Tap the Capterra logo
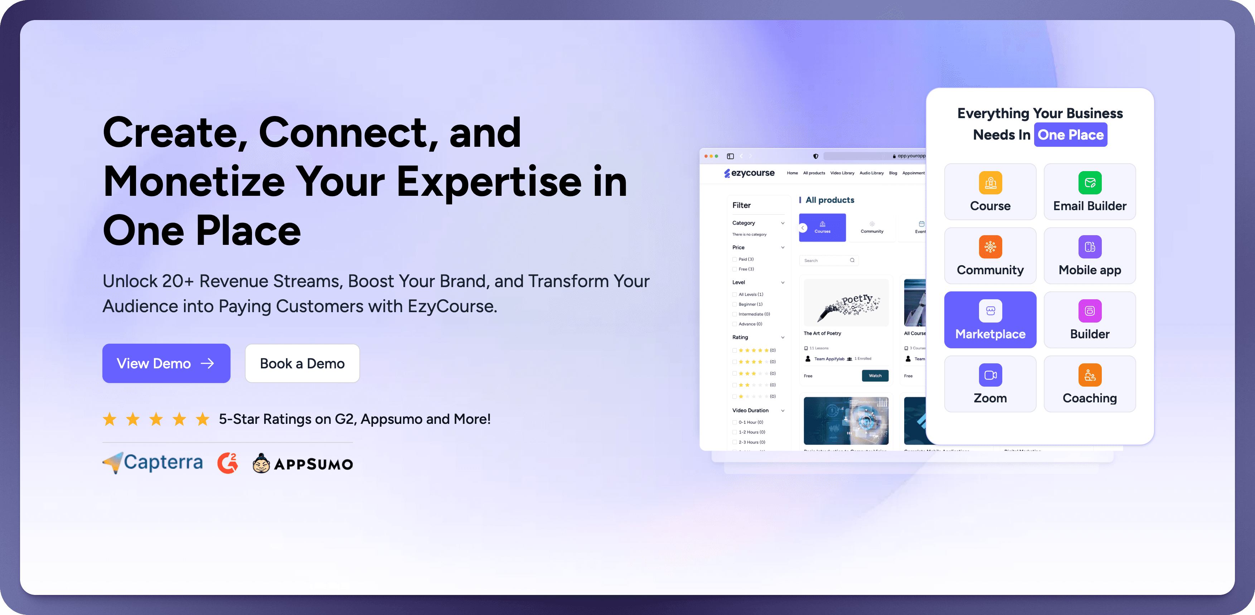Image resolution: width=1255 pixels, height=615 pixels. (153, 463)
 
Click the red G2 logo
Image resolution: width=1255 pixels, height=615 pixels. (228, 463)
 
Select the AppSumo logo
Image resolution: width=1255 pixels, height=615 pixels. (302, 464)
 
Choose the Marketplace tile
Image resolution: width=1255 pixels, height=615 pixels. (990, 320)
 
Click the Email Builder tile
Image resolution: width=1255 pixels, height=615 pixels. (1089, 192)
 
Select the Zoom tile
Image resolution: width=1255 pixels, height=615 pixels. (990, 384)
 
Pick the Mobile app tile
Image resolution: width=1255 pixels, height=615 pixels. (1089, 256)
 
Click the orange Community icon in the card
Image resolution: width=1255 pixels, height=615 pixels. (990, 247)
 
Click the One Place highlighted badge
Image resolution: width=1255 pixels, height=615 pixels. (1070, 135)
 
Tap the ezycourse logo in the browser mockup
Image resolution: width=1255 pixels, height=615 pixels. (749, 173)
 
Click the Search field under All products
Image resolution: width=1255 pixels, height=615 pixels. (826, 260)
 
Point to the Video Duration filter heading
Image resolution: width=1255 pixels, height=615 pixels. (750, 410)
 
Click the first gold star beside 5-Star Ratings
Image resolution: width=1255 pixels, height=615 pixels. (110, 419)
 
